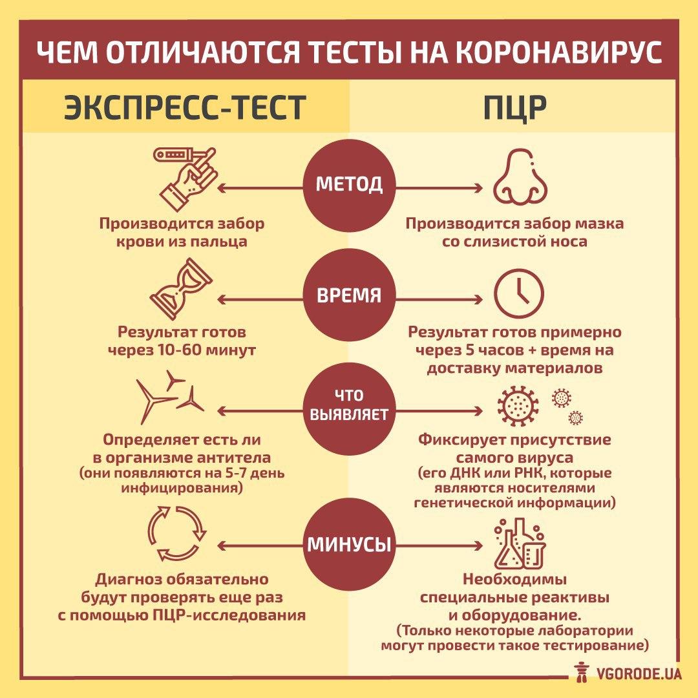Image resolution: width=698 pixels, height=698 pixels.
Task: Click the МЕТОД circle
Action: click(349, 184)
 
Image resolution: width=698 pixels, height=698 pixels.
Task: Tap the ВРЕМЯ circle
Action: click(349, 296)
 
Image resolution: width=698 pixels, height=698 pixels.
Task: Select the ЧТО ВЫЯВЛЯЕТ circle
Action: click(349, 406)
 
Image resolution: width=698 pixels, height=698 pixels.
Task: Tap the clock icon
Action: click(520, 290)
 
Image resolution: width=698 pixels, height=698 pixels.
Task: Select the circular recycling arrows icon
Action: click(176, 531)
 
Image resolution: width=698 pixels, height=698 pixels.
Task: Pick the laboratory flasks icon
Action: click(520, 543)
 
